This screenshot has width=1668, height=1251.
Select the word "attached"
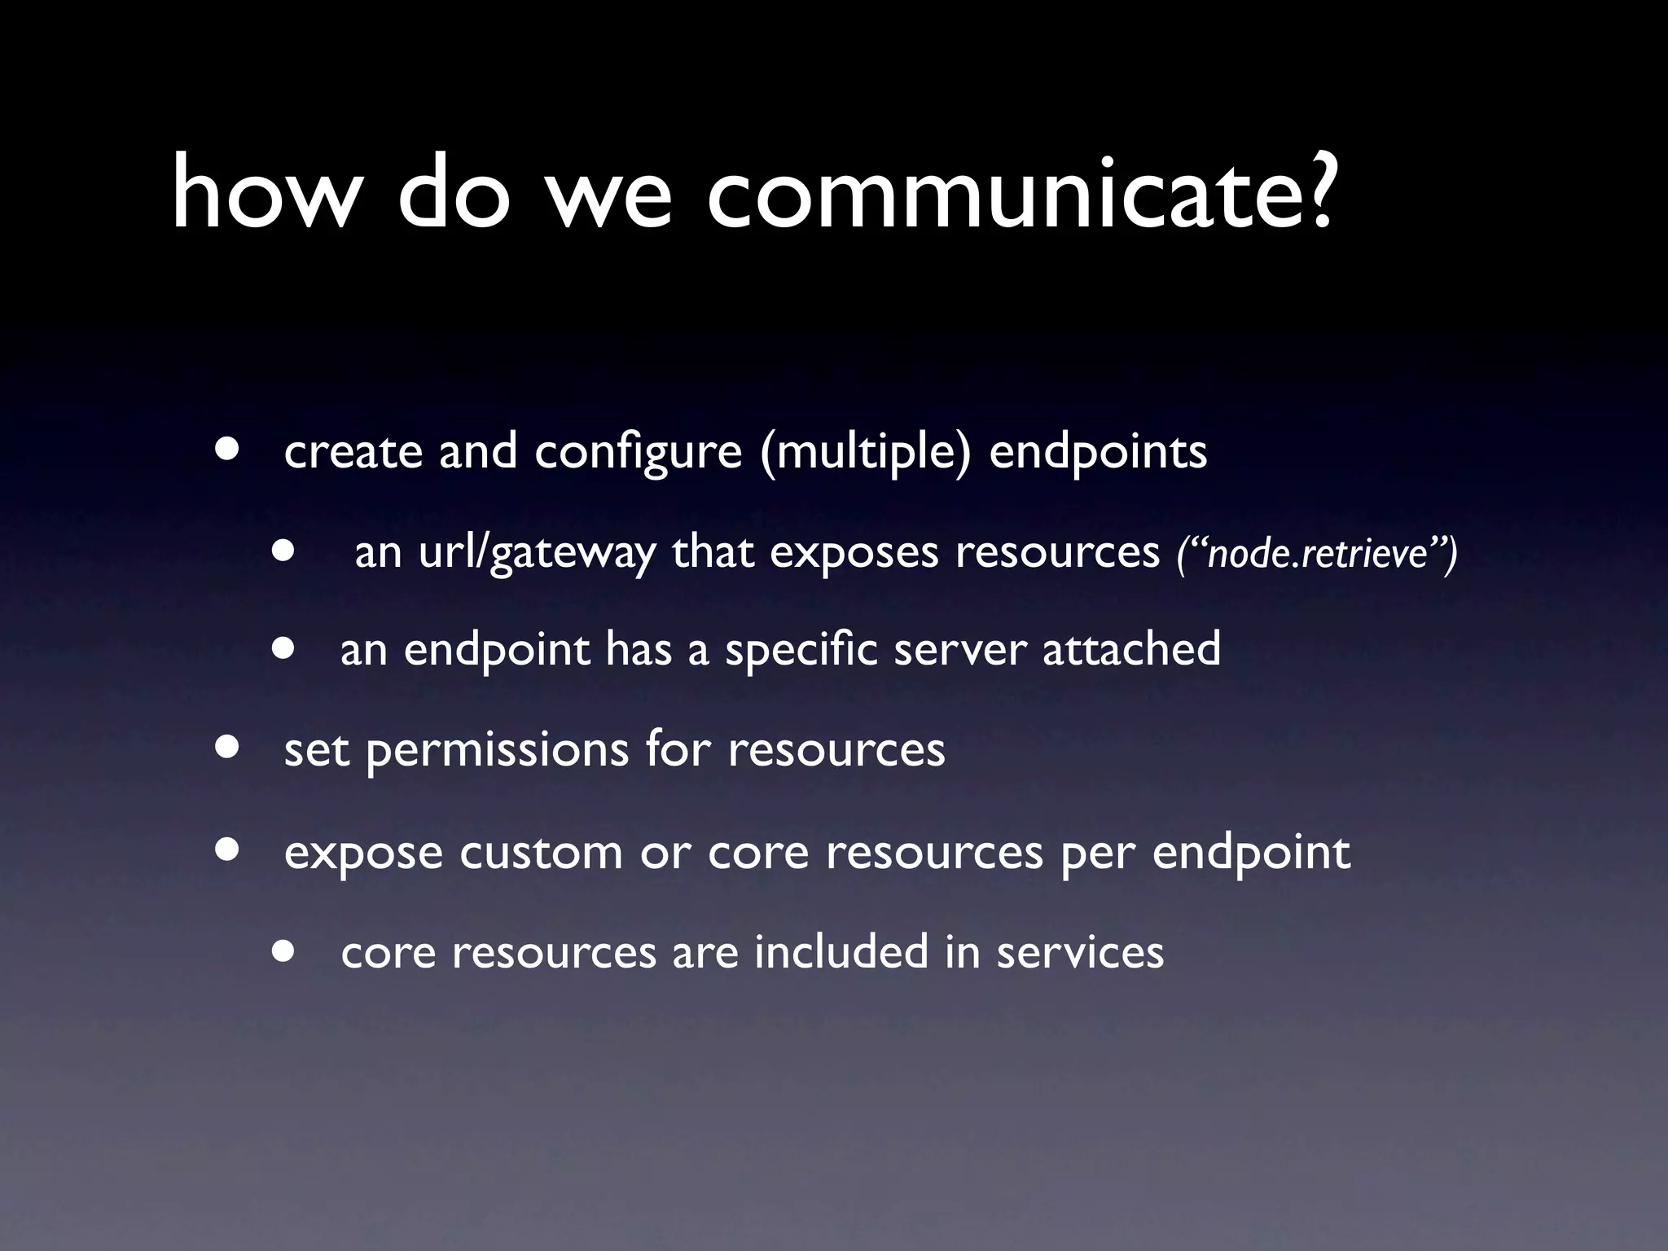[x=1131, y=649]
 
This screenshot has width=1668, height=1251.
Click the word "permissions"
[x=497, y=751]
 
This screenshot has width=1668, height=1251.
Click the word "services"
[x=1080, y=953]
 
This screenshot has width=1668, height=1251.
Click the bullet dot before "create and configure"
[x=228, y=450]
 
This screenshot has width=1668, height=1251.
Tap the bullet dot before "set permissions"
[x=228, y=747]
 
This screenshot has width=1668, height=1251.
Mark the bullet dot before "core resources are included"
[x=284, y=950]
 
